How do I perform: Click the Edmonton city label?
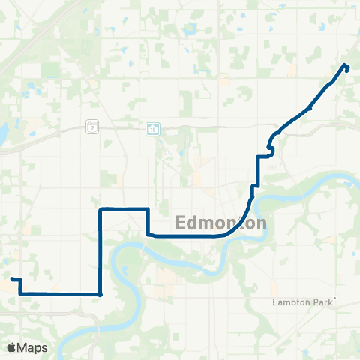click(221, 223)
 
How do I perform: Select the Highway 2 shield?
click(91, 128)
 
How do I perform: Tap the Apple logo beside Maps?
click(12, 347)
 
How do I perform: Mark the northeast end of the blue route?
click(346, 67)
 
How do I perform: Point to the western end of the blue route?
click(12, 279)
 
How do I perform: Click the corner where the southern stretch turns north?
click(100, 293)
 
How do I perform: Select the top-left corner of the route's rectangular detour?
click(100, 209)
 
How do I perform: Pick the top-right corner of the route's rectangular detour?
click(148, 209)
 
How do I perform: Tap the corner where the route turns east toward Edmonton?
click(148, 234)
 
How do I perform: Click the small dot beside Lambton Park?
click(335, 299)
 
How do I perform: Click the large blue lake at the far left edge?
click(2, 133)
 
